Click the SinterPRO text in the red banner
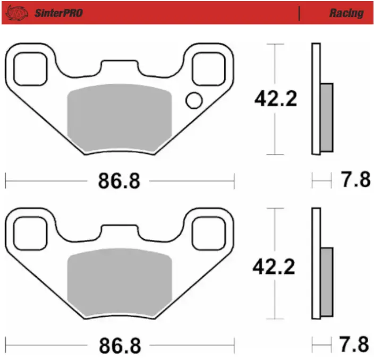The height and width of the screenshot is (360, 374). click(x=58, y=13)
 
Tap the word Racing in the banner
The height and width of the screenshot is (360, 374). click(x=346, y=13)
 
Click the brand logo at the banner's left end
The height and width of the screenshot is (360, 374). click(x=16, y=13)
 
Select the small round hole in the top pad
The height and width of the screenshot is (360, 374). click(x=194, y=100)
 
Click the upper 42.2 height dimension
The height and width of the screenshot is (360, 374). click(x=276, y=98)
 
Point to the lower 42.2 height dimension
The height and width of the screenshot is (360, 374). click(x=274, y=267)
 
